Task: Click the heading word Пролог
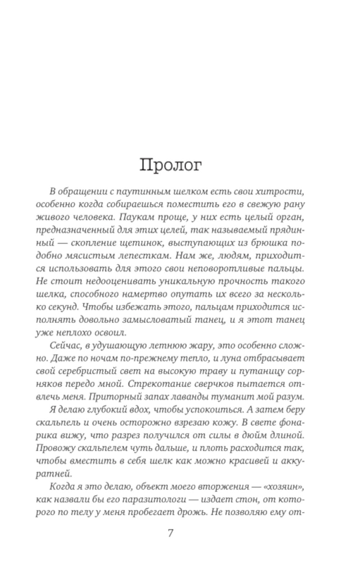(x=170, y=165)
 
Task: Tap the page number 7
(x=170, y=532)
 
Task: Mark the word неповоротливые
(x=224, y=269)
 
